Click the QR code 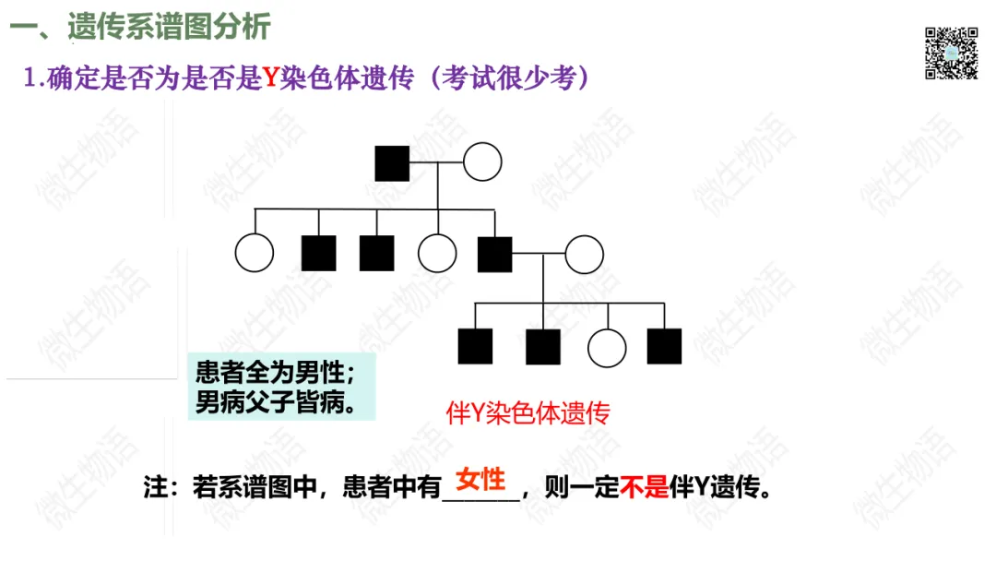(951, 54)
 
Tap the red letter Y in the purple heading (270, 78)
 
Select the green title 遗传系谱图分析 (169, 27)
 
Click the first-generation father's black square (392, 163)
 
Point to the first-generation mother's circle (481, 162)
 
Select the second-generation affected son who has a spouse (495, 254)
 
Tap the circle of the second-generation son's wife (584, 254)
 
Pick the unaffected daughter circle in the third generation (607, 347)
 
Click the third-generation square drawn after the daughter (664, 346)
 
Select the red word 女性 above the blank (480, 479)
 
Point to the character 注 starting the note (154, 488)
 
